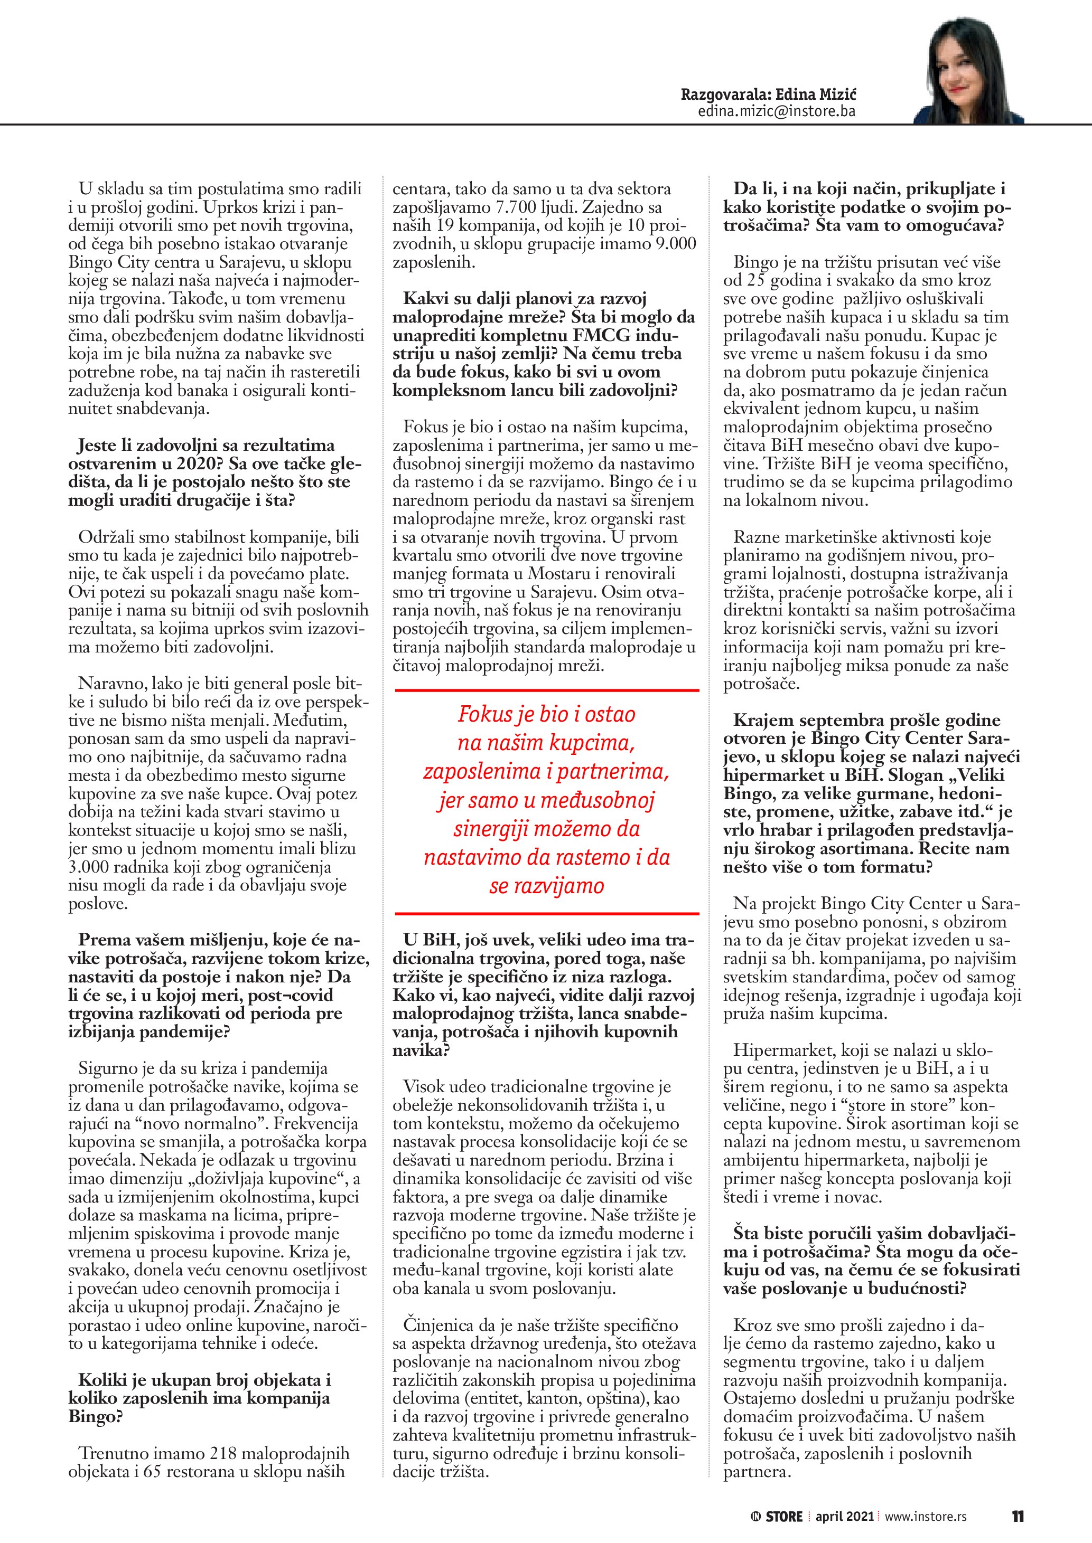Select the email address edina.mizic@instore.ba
[777, 111]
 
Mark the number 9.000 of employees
[675, 244]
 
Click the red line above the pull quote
[546, 689]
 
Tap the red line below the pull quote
[546, 913]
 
